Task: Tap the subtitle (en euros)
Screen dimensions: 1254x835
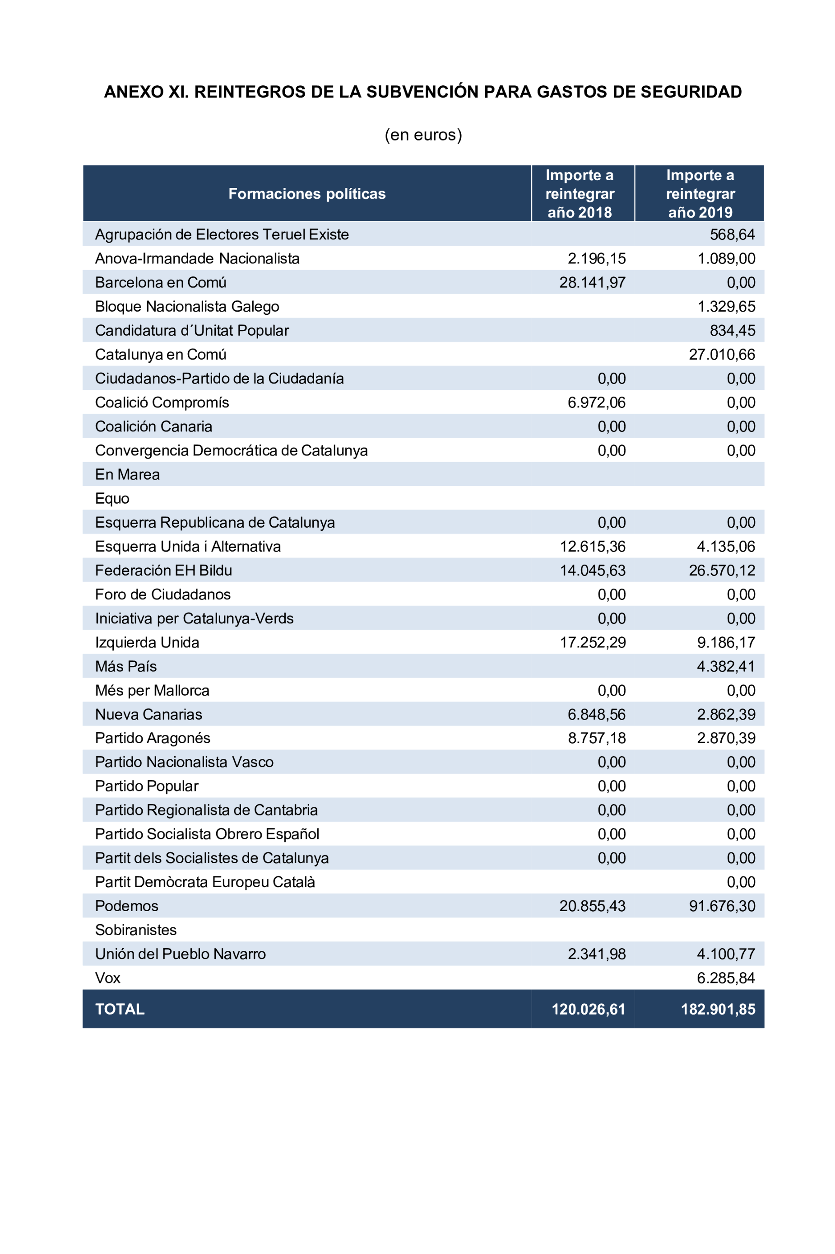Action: point(423,135)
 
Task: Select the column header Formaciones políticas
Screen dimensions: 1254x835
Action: point(307,193)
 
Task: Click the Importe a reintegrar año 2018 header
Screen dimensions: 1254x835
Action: point(580,193)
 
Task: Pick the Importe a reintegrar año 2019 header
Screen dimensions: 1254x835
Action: point(700,193)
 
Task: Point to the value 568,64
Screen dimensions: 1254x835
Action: point(732,234)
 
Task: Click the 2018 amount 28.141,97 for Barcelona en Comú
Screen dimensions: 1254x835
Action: point(592,282)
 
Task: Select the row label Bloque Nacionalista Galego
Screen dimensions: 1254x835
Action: point(187,306)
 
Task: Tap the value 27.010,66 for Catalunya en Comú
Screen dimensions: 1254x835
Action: point(722,355)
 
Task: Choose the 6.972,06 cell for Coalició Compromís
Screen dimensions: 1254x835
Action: point(596,402)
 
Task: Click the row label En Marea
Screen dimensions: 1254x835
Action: point(127,474)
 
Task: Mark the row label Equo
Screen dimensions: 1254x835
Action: point(112,498)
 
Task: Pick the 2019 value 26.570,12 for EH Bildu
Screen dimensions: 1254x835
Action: point(722,570)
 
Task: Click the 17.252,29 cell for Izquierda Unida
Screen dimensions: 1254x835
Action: point(593,642)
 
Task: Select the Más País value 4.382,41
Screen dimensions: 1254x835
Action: point(726,666)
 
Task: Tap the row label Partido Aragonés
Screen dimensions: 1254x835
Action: point(153,738)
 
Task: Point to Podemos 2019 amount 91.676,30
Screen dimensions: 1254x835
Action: point(722,906)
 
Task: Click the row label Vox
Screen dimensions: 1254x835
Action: point(107,978)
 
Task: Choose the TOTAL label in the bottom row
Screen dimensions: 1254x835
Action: point(120,1009)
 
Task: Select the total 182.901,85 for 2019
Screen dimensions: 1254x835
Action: point(718,1009)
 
